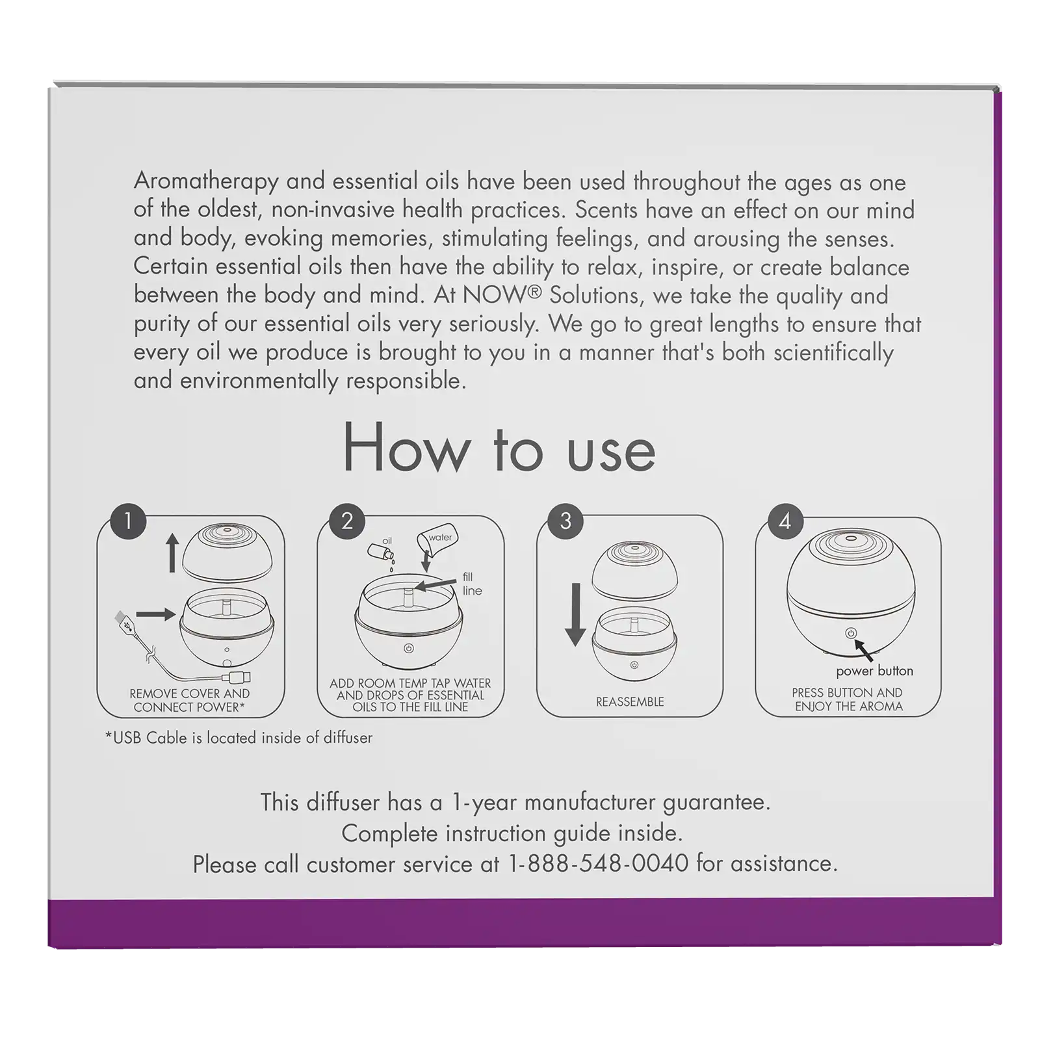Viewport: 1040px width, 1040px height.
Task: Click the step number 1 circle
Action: pyautogui.click(x=128, y=521)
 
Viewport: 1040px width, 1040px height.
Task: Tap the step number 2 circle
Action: pyautogui.click(x=347, y=521)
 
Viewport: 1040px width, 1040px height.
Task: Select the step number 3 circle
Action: pyautogui.click(x=565, y=521)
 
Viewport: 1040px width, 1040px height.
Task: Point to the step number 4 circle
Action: pyautogui.click(x=785, y=521)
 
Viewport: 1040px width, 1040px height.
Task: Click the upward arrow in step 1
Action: pyautogui.click(x=172, y=552)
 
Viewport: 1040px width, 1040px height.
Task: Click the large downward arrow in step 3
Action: pyautogui.click(x=575, y=615)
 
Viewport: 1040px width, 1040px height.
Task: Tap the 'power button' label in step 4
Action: pyautogui.click(x=874, y=671)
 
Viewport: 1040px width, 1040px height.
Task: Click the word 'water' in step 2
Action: pyautogui.click(x=440, y=538)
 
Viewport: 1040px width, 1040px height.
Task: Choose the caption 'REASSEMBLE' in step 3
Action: pyautogui.click(x=630, y=702)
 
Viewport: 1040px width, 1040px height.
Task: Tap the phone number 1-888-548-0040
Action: pyautogui.click(x=598, y=863)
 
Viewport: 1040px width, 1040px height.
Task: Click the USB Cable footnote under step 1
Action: pyautogui.click(x=239, y=738)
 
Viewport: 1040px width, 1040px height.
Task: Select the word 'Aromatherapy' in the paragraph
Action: pyautogui.click(x=206, y=181)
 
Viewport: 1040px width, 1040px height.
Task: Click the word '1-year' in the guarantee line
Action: pyautogui.click(x=484, y=803)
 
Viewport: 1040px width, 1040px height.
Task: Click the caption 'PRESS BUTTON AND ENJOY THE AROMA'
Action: pyautogui.click(x=848, y=699)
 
